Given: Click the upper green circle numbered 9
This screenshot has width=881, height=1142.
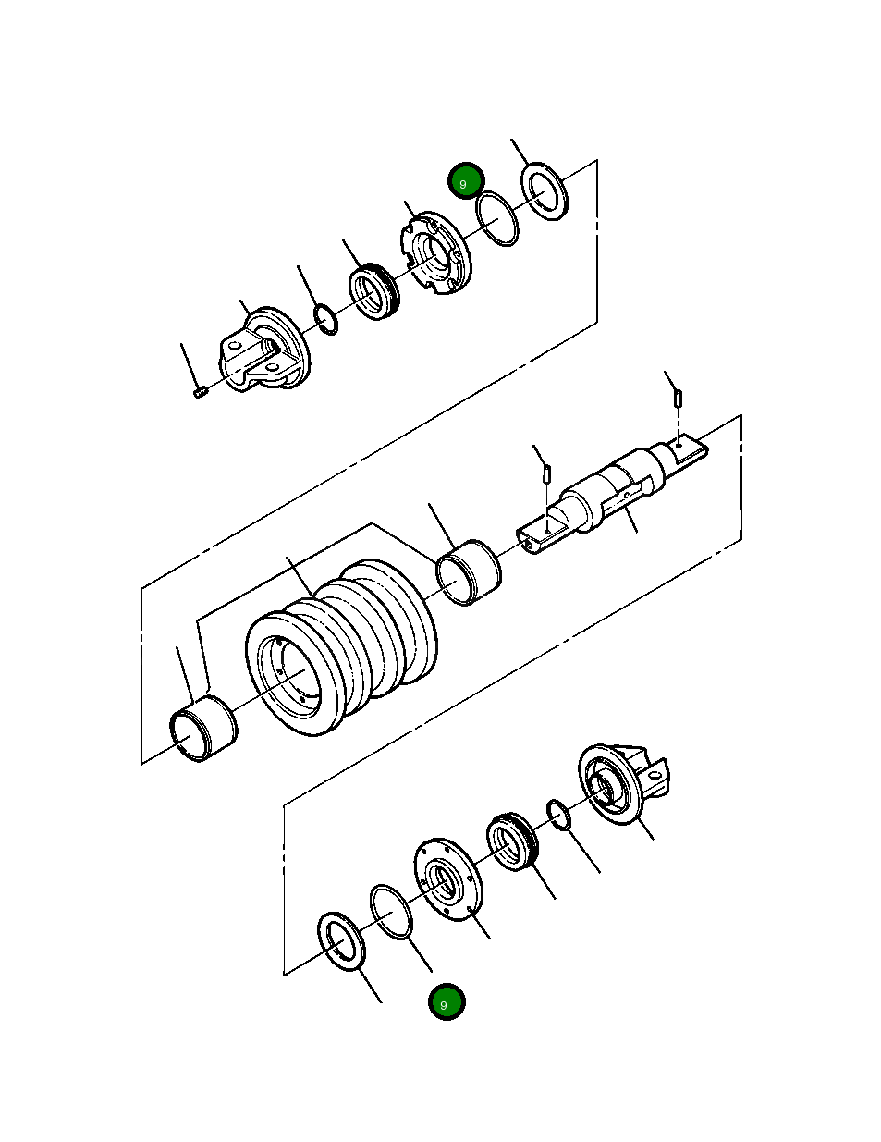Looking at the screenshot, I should pyautogui.click(x=465, y=182).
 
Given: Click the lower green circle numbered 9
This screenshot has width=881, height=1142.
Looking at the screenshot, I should pyautogui.click(x=447, y=1002).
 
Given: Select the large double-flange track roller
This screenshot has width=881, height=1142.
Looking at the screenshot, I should pyautogui.click(x=342, y=647).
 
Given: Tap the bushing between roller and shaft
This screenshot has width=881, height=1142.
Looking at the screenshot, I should pyautogui.click(x=471, y=573).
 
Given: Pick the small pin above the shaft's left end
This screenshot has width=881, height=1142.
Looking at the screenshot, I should pyautogui.click(x=547, y=473).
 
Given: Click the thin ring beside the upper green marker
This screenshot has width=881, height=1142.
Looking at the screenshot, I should pyautogui.click(x=497, y=219).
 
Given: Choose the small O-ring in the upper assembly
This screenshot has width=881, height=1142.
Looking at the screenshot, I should pyautogui.click(x=325, y=318).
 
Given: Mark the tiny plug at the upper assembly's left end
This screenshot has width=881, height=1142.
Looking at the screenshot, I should pyautogui.click(x=201, y=393).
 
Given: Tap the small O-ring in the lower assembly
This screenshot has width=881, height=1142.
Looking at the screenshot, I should pyautogui.click(x=557, y=815).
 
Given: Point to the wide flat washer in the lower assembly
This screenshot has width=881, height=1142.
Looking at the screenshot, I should pyautogui.click(x=341, y=940).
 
